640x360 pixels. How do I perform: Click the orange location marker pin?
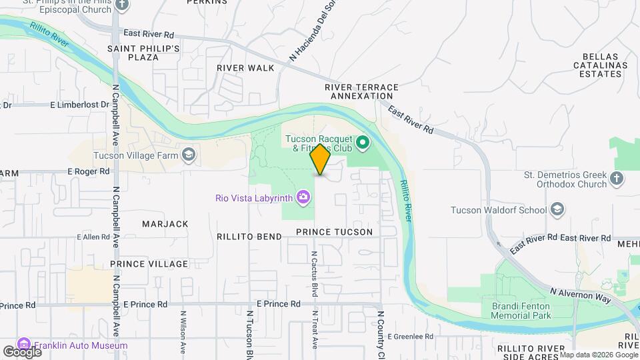[320, 159]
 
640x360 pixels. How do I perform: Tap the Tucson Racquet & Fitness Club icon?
[363, 142]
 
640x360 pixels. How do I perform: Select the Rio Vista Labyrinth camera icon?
[303, 197]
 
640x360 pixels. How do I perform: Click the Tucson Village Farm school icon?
[189, 155]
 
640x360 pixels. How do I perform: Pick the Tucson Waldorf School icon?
[557, 210]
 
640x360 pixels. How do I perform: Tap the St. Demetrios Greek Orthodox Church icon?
[616, 178]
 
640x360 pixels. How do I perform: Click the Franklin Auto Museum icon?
[25, 345]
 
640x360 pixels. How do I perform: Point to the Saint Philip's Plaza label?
[143, 53]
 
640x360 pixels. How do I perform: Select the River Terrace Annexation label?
[361, 91]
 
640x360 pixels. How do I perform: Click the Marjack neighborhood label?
[165, 224]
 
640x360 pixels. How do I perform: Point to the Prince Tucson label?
[334, 232]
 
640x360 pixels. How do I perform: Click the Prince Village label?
[149, 264]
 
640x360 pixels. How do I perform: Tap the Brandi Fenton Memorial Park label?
[514, 310]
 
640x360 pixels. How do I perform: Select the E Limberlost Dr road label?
[80, 105]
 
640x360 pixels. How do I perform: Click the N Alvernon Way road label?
[581, 295]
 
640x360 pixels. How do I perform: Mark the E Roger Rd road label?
[88, 171]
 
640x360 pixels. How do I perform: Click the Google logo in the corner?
[21, 351]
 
